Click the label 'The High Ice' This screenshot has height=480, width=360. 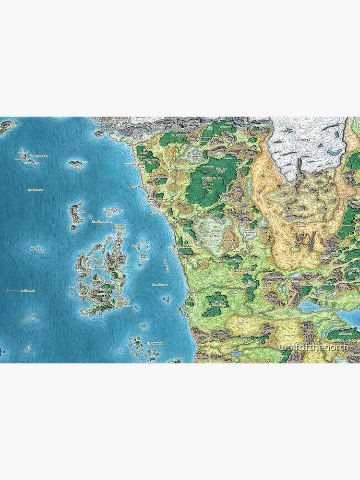(x=303, y=139)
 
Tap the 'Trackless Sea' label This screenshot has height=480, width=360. (x=35, y=190)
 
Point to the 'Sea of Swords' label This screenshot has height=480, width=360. (x=159, y=285)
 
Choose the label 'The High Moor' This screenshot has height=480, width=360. (x=209, y=236)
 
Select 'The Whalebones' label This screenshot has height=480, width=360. (x=113, y=211)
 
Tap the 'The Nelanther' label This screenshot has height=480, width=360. (x=155, y=343)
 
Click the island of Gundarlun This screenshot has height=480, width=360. (x=77, y=163)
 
